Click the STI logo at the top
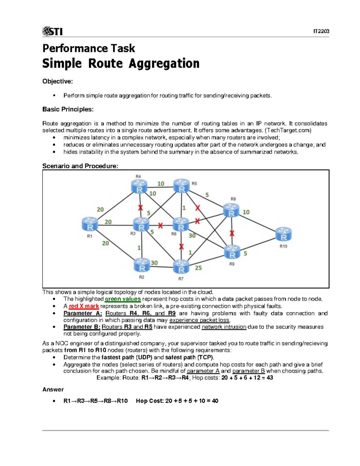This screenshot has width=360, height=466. pos(52,31)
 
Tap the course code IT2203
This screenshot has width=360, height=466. pos(321,31)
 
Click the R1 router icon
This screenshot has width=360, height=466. pos(90,224)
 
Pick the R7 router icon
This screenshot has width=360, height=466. pos(181,267)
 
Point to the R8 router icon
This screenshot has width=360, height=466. pos(231,210)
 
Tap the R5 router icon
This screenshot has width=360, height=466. pos(181,186)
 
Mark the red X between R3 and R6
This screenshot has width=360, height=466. pos(160,225)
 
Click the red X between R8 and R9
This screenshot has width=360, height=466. pos(232,233)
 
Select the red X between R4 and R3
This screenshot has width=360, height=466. pos(140,208)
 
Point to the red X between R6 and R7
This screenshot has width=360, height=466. pos(181,247)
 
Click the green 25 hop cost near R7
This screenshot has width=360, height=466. pos(198,268)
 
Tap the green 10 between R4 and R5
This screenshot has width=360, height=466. pos(161,184)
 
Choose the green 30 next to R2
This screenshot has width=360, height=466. pos(154,263)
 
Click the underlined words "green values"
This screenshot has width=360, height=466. pos(123,299)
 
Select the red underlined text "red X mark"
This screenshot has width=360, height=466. pos(84,306)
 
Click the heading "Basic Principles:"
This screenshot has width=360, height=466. pos(68,109)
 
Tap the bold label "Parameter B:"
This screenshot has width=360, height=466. pos(82,327)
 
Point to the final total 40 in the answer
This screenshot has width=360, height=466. pos(215,401)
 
